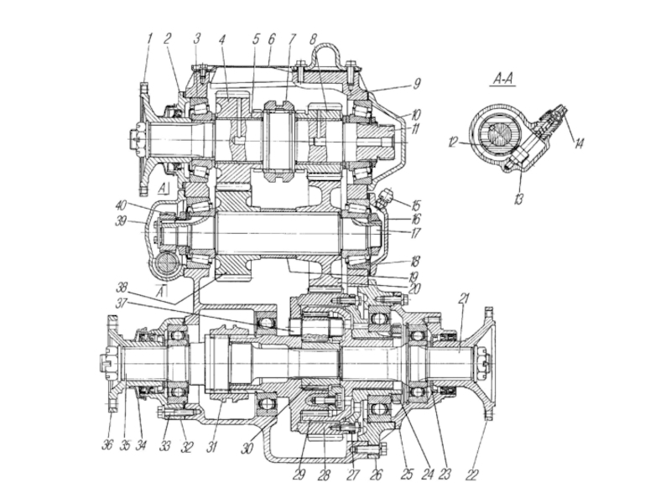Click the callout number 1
coord(150,39)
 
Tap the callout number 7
coord(292,39)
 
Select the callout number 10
coord(415,115)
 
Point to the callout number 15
coord(416,205)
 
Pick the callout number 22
coord(472,474)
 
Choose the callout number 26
coord(376,474)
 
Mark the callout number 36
coord(107,444)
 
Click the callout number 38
coord(122,287)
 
